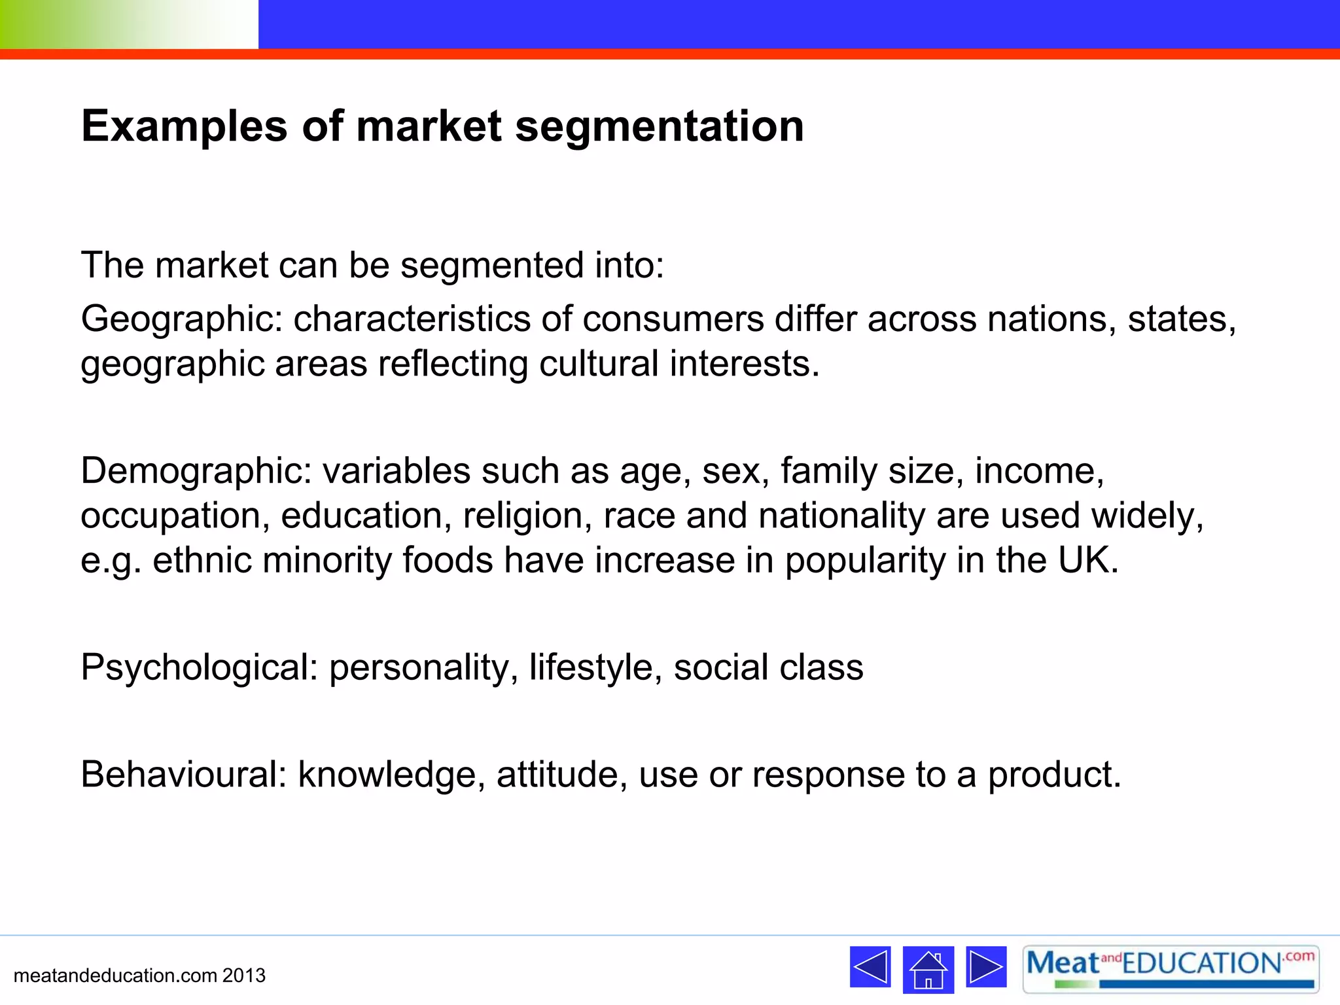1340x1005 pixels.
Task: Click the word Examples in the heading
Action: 184,126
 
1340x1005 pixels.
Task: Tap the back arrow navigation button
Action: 870,966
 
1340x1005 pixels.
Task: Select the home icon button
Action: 928,969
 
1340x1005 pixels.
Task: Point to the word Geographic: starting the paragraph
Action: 181,320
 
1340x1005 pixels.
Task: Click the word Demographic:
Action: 196,471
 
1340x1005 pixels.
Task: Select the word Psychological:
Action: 199,668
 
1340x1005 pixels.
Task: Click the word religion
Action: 522,516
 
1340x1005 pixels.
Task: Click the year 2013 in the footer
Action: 243,976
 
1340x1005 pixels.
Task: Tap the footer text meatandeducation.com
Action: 115,976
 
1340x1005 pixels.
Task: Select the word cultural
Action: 598,364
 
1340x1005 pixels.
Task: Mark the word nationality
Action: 841,516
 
